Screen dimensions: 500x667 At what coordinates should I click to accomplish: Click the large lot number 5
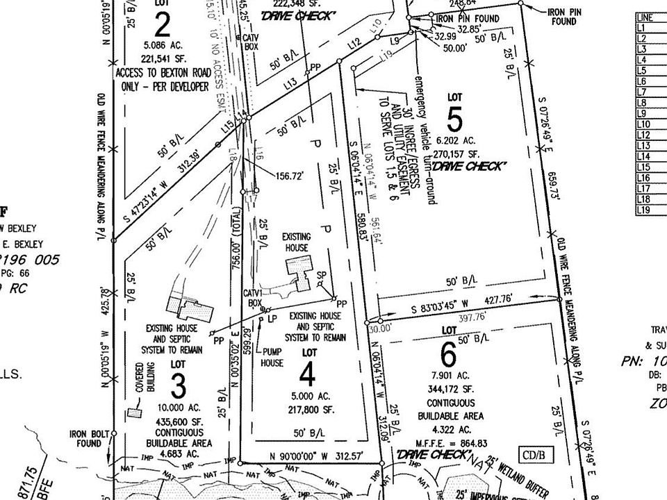tap(455, 121)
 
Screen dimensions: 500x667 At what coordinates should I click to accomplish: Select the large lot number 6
tap(449, 356)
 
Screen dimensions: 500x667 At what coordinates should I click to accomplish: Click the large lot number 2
tap(163, 26)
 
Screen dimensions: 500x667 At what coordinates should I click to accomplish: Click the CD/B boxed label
tap(536, 456)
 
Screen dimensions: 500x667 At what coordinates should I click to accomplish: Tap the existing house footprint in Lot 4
tap(301, 271)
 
